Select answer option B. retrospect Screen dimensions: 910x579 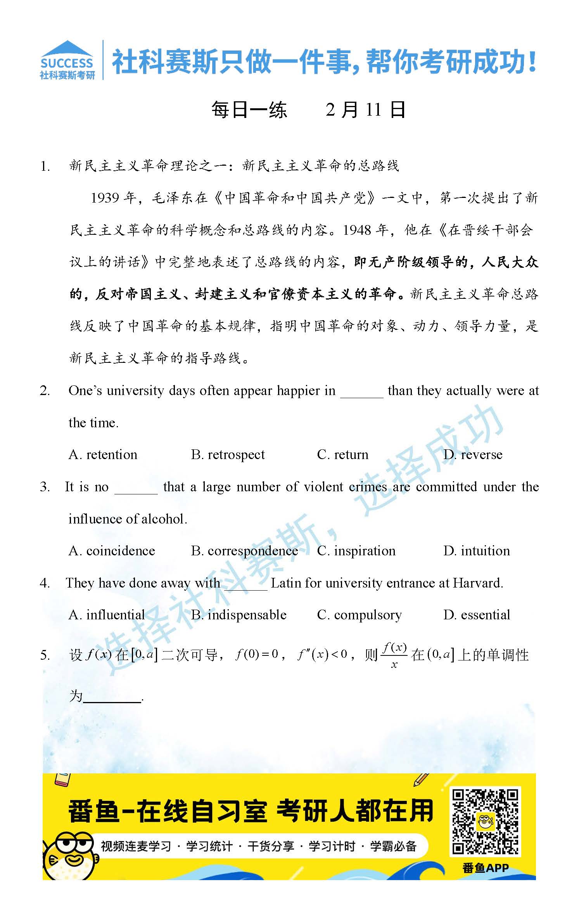[228, 454]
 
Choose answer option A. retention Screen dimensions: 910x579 [103, 454]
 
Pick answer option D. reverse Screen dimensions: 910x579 [473, 454]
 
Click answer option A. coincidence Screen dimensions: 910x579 [112, 551]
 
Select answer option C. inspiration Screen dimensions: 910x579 [356, 551]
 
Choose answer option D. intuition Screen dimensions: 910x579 [477, 551]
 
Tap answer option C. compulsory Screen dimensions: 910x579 [359, 615]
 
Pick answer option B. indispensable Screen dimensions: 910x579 [239, 615]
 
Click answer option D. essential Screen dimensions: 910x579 [477, 615]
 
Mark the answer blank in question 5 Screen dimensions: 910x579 [112, 697]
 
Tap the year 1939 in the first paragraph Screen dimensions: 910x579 [105, 198]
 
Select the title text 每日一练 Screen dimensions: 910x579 [249, 110]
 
